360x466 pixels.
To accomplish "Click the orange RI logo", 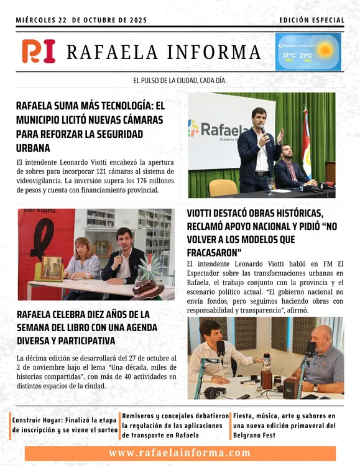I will pyautogui.click(x=38, y=51).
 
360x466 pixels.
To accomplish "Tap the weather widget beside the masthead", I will pyautogui.click(x=308, y=52).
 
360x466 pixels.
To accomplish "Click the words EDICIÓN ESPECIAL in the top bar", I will pyautogui.click(x=312, y=21).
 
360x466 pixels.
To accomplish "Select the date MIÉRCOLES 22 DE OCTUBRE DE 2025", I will pyautogui.click(x=81, y=21).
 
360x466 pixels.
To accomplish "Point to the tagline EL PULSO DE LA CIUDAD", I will pyautogui.click(x=180, y=81).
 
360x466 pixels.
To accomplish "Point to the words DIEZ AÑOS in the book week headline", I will pyautogui.click(x=103, y=313).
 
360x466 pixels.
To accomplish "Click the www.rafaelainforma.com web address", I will pyautogui.click(x=180, y=453).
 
